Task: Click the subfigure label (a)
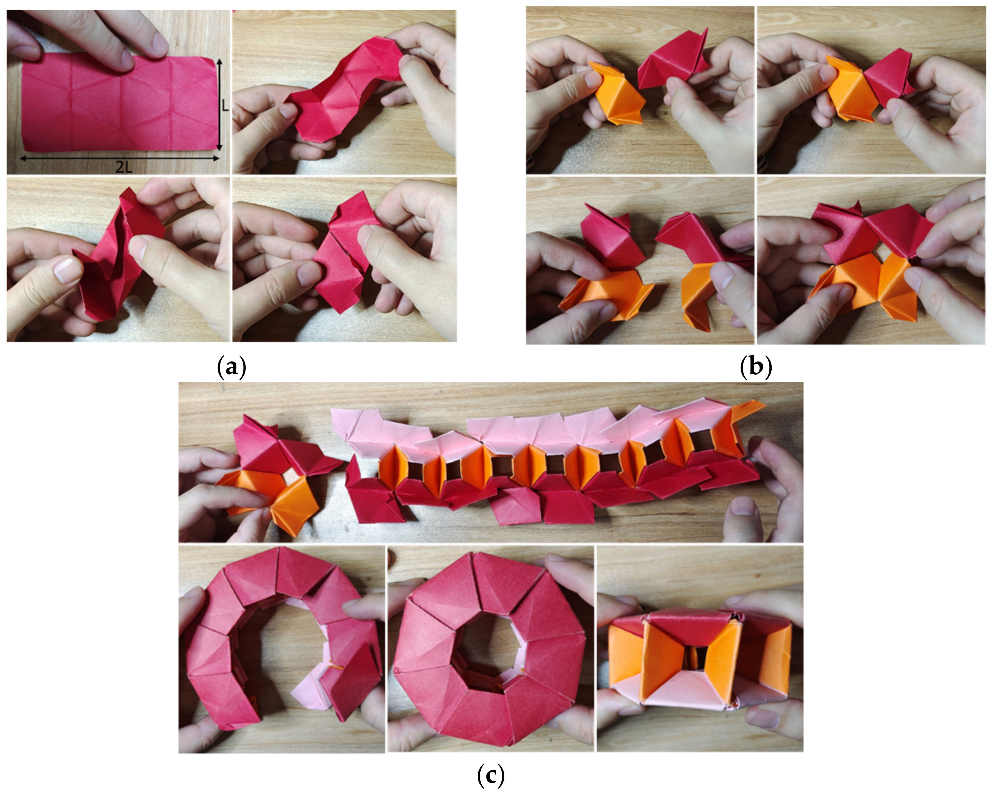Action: point(231,367)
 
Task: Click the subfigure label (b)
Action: point(756,367)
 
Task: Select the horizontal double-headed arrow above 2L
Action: point(120,159)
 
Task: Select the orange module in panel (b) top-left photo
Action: point(617,93)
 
